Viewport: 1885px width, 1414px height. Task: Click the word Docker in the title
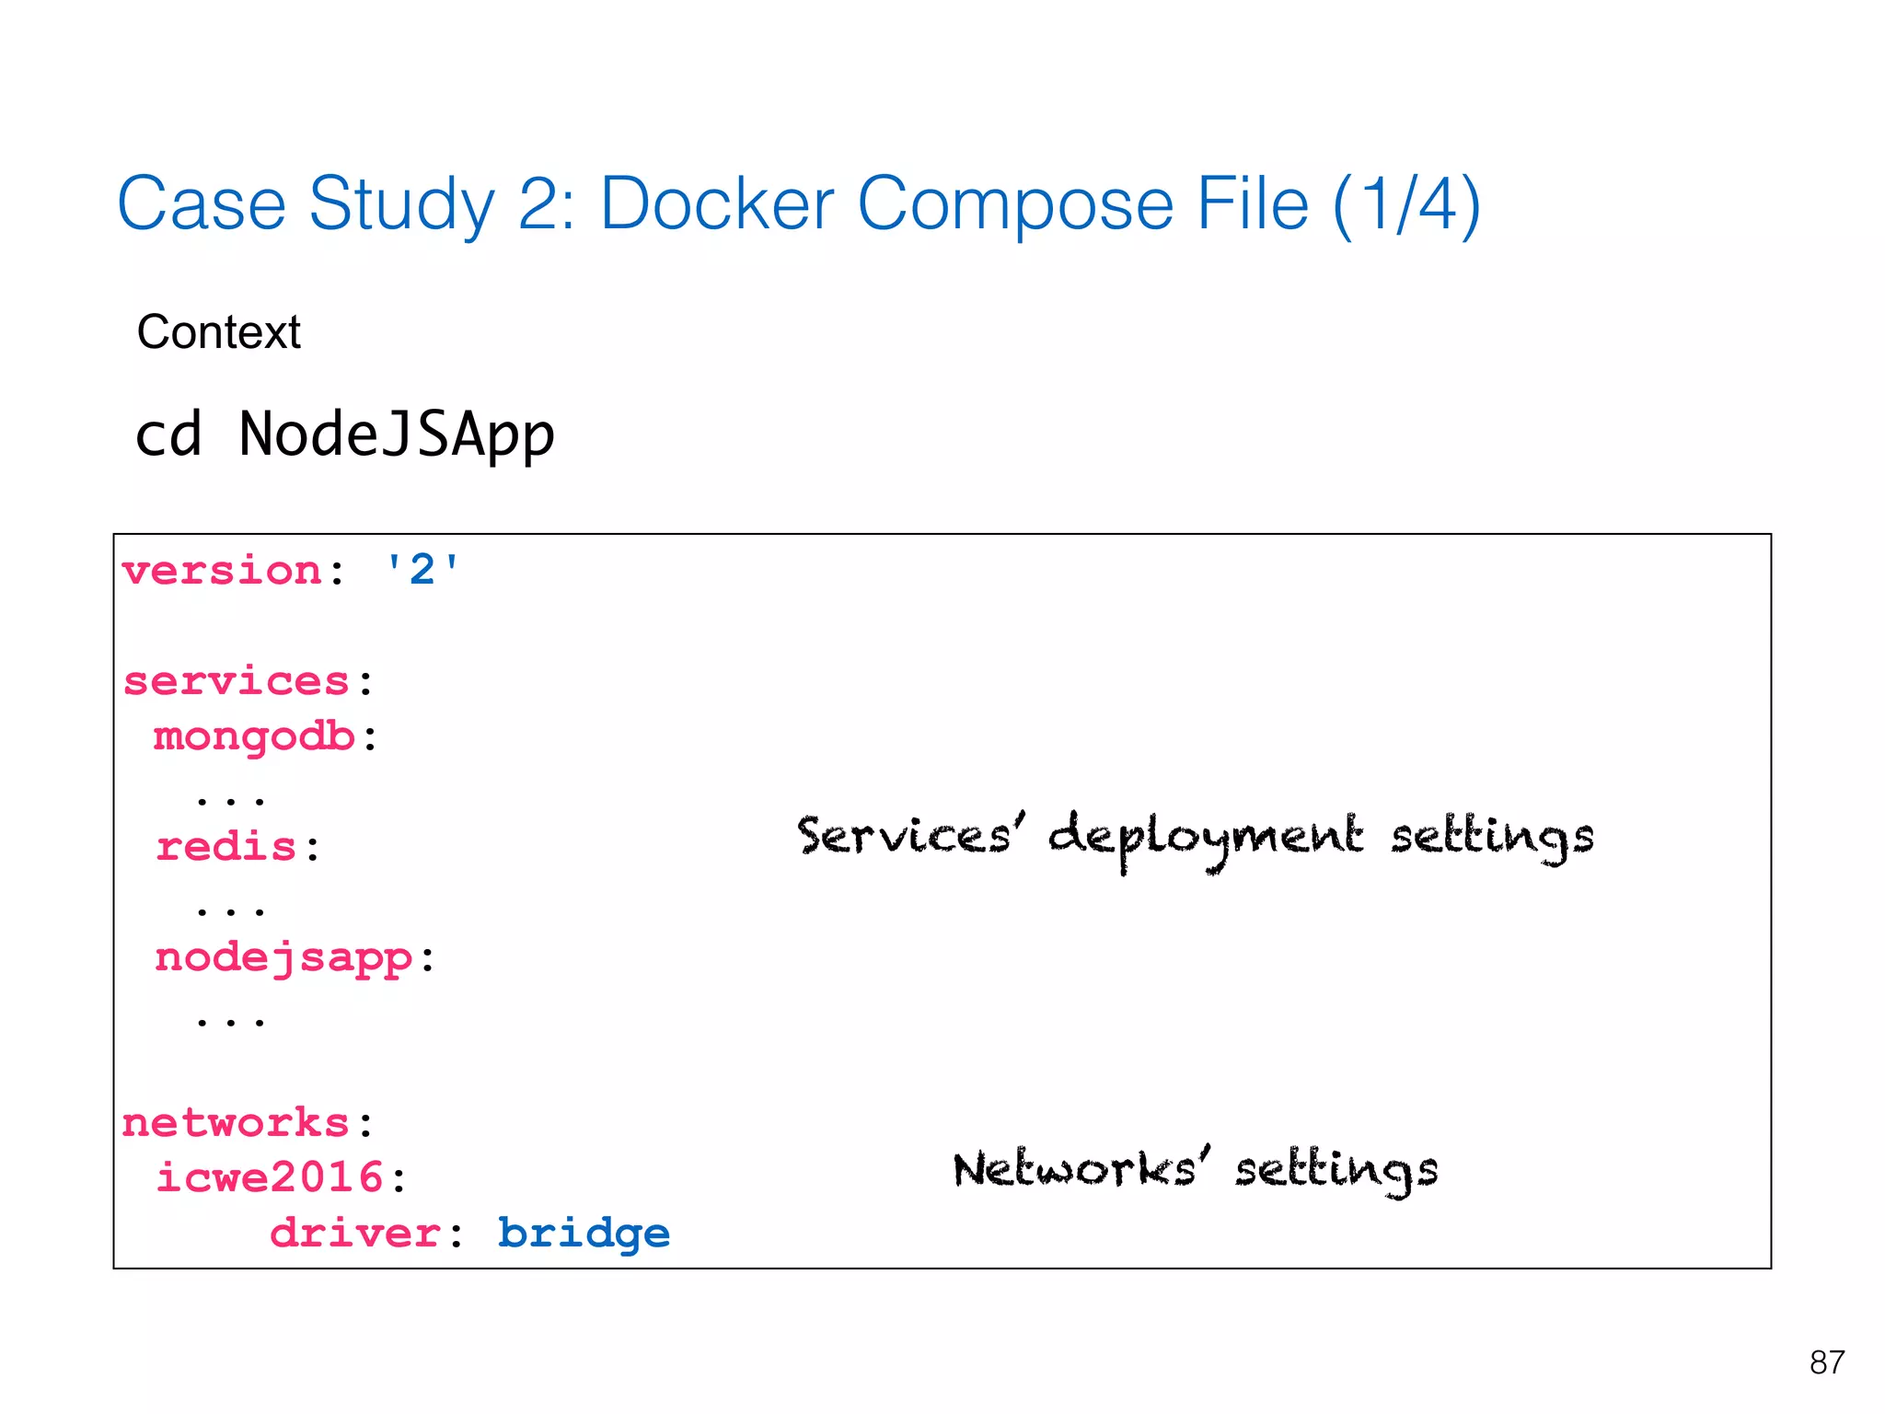click(x=716, y=204)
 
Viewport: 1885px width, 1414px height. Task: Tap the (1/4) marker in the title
click(x=1405, y=204)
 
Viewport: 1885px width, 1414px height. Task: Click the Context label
click(x=218, y=332)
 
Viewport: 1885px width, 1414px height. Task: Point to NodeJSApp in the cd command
click(x=396, y=435)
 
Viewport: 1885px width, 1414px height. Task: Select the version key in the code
click(x=221, y=572)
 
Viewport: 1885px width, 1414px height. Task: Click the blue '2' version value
click(x=422, y=571)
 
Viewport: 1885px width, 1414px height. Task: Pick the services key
click(x=236, y=682)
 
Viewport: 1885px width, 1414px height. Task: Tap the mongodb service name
click(x=254, y=737)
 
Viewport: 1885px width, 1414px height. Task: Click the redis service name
click(x=226, y=848)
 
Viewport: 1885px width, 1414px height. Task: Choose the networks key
click(x=236, y=1124)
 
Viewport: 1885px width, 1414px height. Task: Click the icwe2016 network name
click(x=269, y=1178)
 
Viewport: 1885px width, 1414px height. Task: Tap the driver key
click(x=354, y=1234)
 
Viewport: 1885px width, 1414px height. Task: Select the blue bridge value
click(x=584, y=1234)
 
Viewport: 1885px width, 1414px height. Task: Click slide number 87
click(x=1826, y=1362)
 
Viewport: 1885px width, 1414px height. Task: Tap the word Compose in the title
click(x=1014, y=204)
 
